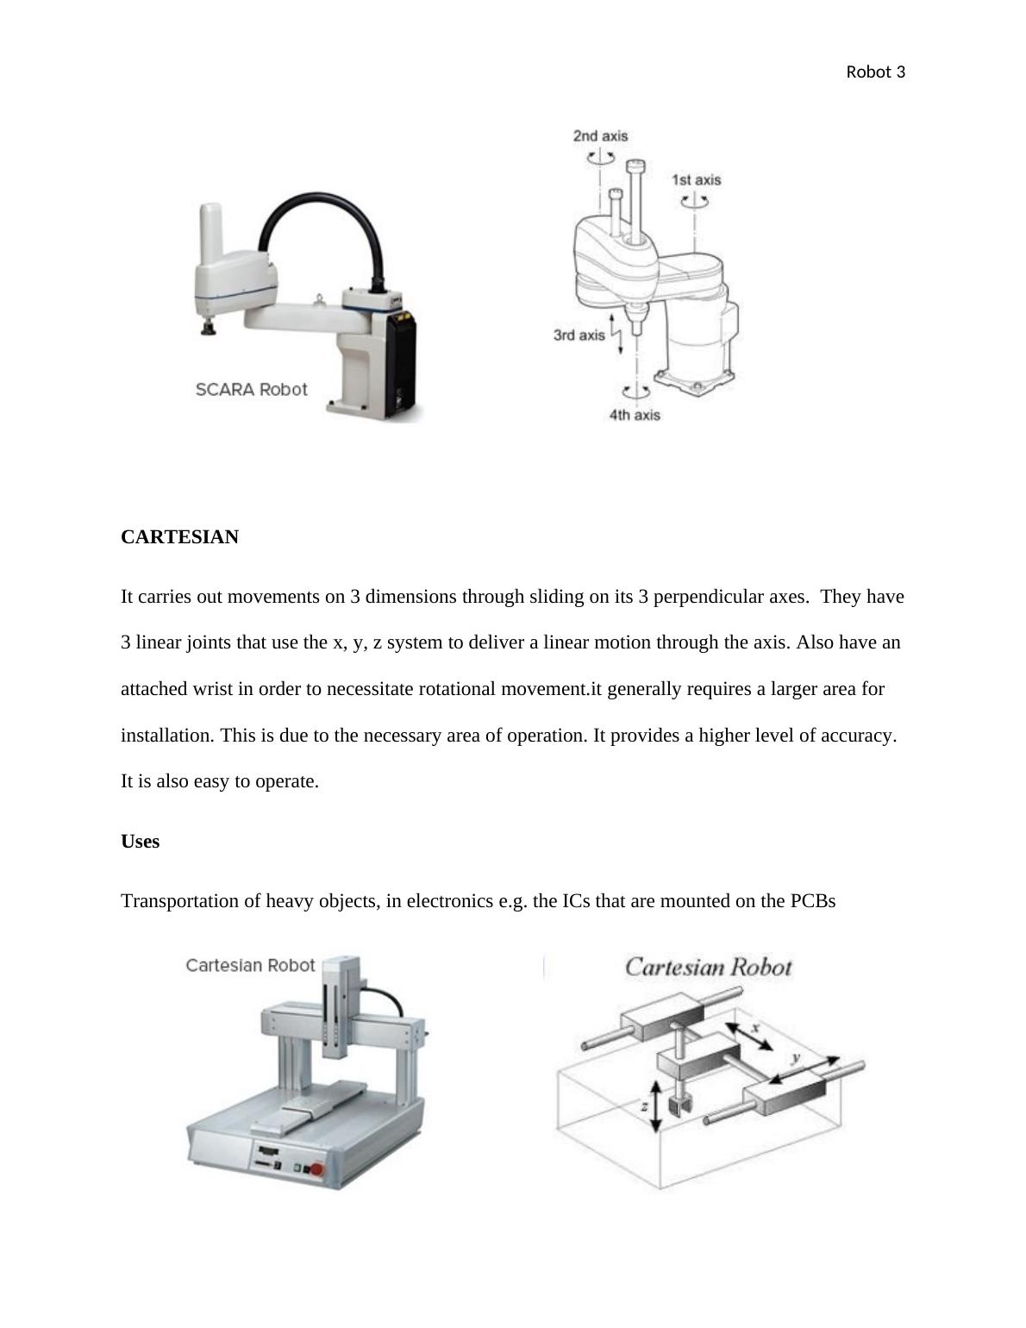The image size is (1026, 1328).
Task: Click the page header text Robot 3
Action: pos(875,72)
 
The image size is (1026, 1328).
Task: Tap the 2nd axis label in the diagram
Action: pos(600,135)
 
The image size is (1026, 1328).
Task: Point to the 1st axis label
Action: pos(696,179)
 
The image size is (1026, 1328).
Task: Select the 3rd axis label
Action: pos(579,335)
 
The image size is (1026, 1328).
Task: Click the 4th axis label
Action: pos(635,415)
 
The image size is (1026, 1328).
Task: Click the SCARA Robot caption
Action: pos(251,389)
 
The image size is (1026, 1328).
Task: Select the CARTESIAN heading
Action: pos(179,537)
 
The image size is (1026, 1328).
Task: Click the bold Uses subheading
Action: pos(140,842)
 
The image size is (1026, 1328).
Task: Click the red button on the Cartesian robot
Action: pos(316,1170)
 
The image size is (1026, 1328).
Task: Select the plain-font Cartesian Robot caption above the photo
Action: pos(250,965)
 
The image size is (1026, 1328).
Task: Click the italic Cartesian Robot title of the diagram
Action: pos(708,967)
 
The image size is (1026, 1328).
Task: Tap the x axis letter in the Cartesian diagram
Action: pos(755,1028)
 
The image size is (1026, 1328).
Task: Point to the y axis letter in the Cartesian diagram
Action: pos(796,1057)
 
